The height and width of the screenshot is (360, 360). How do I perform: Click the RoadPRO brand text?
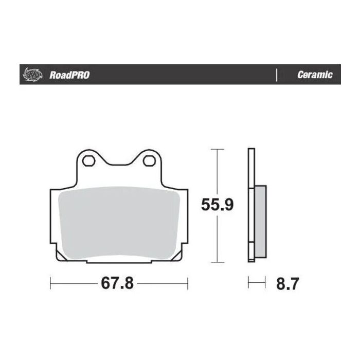click(69, 75)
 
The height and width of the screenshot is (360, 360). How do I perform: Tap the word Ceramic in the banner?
click(315, 75)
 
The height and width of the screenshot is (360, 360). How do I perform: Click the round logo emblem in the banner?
click(31, 75)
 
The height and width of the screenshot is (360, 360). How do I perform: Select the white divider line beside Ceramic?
click(277, 75)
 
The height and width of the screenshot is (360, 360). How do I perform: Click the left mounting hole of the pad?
click(88, 161)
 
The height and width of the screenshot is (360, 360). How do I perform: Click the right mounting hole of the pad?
click(150, 161)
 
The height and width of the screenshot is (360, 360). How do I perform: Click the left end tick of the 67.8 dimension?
click(50, 283)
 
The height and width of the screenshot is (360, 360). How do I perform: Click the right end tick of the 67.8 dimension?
click(188, 283)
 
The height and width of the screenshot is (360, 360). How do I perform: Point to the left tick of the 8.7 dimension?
click(249, 282)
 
